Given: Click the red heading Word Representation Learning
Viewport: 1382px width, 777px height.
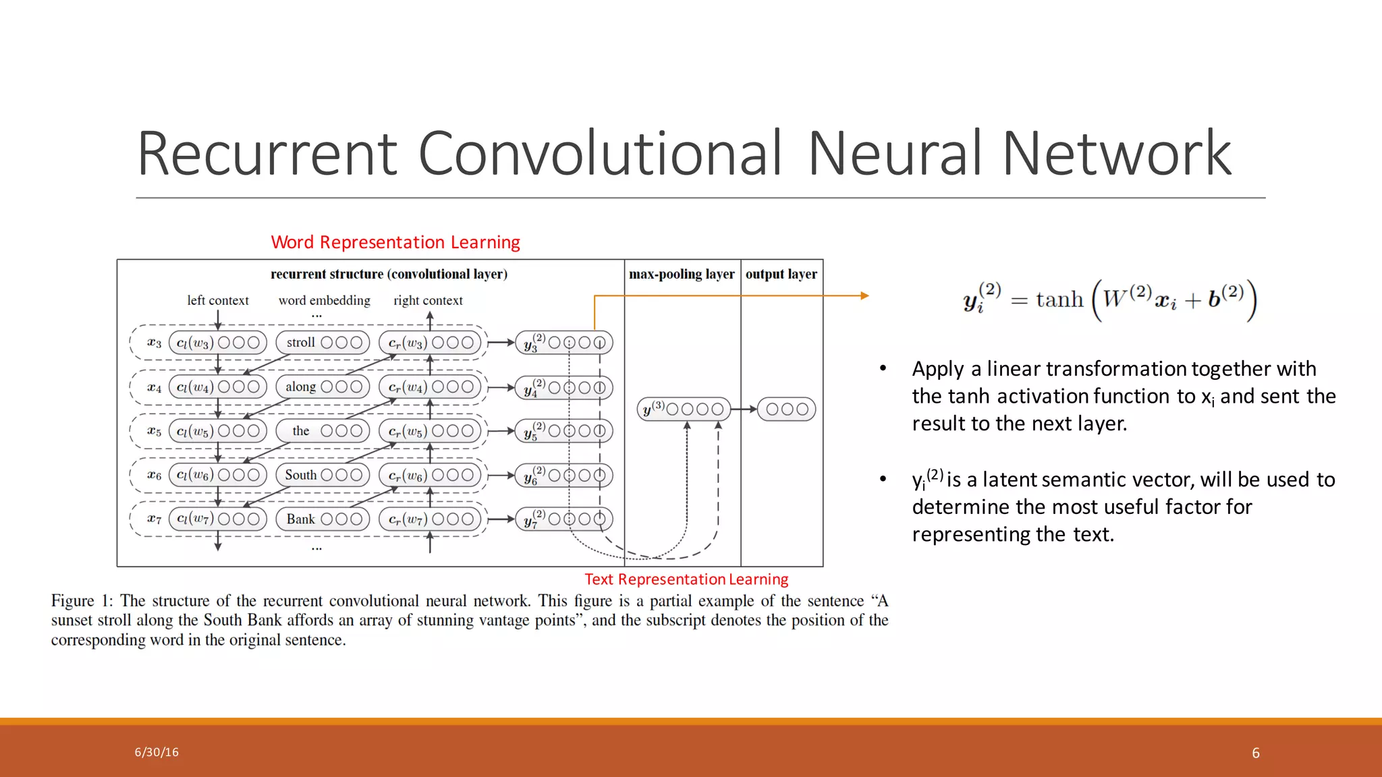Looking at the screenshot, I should tap(395, 242).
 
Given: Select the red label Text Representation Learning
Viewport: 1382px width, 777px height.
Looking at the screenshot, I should tap(686, 579).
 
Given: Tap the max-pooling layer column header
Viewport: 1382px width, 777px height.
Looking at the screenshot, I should tap(682, 275).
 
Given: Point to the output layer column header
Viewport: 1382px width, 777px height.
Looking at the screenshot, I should tap(781, 275).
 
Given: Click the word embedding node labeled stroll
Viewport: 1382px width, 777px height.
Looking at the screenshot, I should tap(323, 343).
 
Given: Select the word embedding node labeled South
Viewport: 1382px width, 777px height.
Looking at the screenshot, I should tap(323, 475).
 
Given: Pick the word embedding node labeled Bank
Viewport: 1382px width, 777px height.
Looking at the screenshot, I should tap(323, 519).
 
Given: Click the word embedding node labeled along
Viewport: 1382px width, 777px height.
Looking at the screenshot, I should tap(323, 386).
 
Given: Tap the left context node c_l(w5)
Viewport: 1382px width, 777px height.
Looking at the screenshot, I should tap(217, 431).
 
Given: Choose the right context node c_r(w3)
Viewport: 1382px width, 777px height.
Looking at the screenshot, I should tap(431, 343).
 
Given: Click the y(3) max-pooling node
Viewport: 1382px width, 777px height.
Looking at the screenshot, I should tap(684, 409).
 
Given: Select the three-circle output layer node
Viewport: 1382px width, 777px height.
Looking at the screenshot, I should tap(787, 409).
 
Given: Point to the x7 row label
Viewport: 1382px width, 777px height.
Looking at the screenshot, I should tap(154, 519).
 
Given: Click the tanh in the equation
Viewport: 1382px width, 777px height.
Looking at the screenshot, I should tap(1059, 299).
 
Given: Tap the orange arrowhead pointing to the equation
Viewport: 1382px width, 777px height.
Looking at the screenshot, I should tap(864, 295).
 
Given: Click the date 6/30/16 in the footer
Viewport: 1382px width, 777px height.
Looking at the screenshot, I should tap(157, 752).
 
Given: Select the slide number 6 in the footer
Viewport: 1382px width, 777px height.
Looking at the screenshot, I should tap(1256, 753).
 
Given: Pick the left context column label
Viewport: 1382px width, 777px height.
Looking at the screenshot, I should tap(217, 301).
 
